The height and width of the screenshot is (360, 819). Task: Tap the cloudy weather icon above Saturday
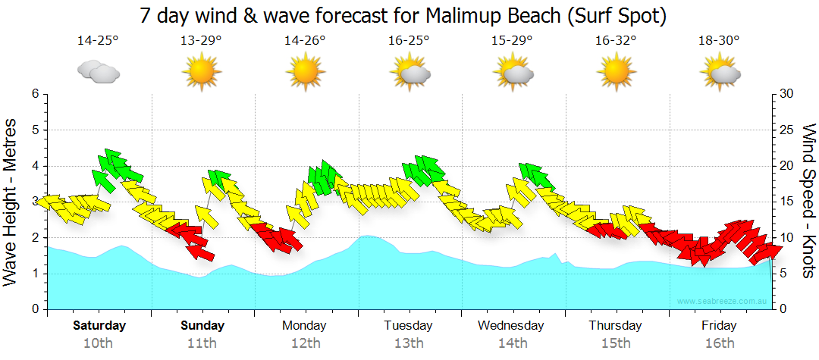99,72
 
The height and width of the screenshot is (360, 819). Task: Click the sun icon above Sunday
202,72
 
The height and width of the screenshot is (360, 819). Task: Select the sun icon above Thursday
616,72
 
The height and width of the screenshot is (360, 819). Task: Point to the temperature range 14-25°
98,40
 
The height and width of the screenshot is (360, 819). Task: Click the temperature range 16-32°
616,40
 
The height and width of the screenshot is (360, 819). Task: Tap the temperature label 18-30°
719,40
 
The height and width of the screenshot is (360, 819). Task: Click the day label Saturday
99,326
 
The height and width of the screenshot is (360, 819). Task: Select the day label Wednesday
511,326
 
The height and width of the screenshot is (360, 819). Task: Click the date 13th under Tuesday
408,343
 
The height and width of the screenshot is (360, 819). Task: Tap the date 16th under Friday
719,343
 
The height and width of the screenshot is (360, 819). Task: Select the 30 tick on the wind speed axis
786,94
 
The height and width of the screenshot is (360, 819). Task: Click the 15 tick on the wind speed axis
786,202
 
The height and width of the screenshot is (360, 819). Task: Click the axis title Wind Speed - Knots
808,202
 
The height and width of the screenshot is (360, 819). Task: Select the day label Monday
305,326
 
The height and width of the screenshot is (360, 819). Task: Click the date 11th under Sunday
202,343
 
